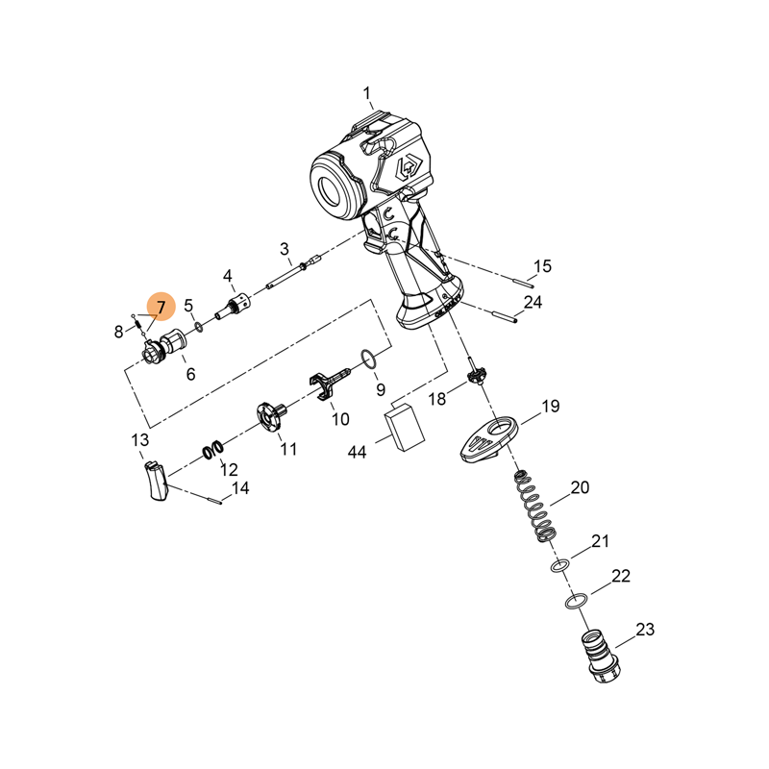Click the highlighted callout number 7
(x=161, y=308)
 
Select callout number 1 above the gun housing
(x=367, y=93)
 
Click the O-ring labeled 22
(x=575, y=603)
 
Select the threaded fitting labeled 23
(x=601, y=656)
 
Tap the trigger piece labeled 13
(x=154, y=480)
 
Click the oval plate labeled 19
(x=490, y=436)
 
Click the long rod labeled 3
(x=288, y=279)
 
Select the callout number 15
(x=543, y=266)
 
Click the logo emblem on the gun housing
(x=405, y=168)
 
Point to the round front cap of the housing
(x=333, y=186)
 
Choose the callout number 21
(x=600, y=541)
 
